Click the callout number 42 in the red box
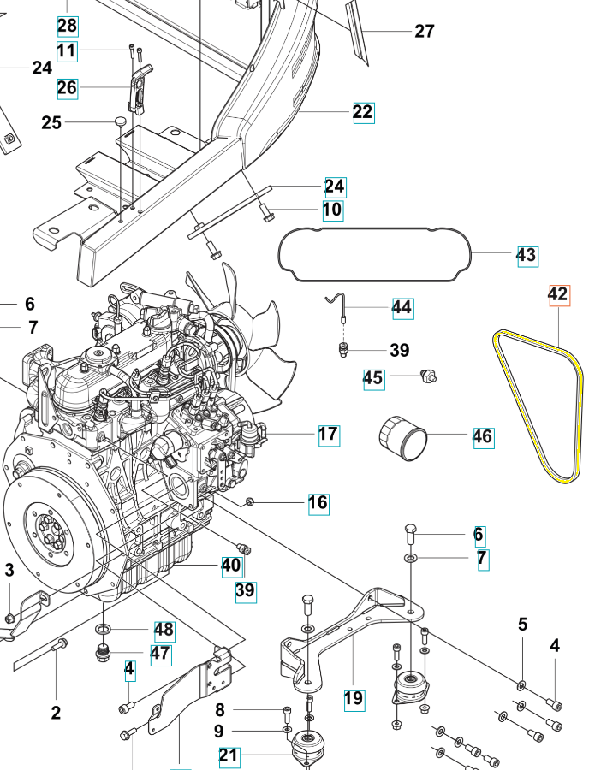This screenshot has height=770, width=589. tap(557, 295)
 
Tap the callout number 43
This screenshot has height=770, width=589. tap(527, 255)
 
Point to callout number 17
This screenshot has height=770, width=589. tap(329, 435)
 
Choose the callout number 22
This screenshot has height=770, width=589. tap(363, 112)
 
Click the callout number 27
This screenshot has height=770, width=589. tap(425, 32)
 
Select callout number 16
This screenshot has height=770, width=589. tap(318, 502)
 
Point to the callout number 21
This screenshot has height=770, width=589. tap(229, 755)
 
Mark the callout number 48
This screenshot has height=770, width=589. tap(164, 631)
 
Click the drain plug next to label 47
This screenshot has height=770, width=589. tap(104, 656)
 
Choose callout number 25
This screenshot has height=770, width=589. tap(51, 123)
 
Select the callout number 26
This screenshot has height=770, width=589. tap(68, 87)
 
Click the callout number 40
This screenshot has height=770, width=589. tap(231, 565)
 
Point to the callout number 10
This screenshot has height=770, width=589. tap(332, 210)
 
